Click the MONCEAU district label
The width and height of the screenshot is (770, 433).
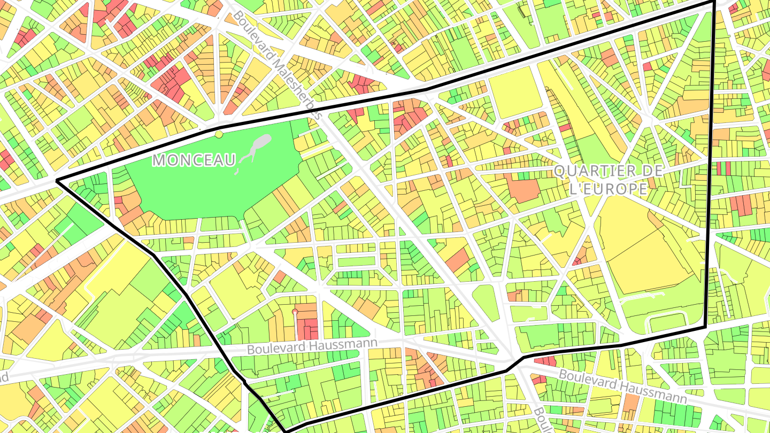tap(194, 160)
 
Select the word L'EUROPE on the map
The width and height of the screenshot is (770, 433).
tap(608, 189)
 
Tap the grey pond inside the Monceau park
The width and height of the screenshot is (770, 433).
tap(261, 143)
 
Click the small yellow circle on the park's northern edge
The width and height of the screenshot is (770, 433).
tap(218, 134)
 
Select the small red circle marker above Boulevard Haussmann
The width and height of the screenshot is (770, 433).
tap(295, 311)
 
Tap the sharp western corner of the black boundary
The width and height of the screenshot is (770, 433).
tap(57, 181)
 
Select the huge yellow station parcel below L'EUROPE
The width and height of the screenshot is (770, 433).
tap(647, 251)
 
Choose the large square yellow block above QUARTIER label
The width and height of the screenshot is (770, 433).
tap(512, 91)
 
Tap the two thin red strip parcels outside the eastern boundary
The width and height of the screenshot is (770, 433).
tap(723, 168)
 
